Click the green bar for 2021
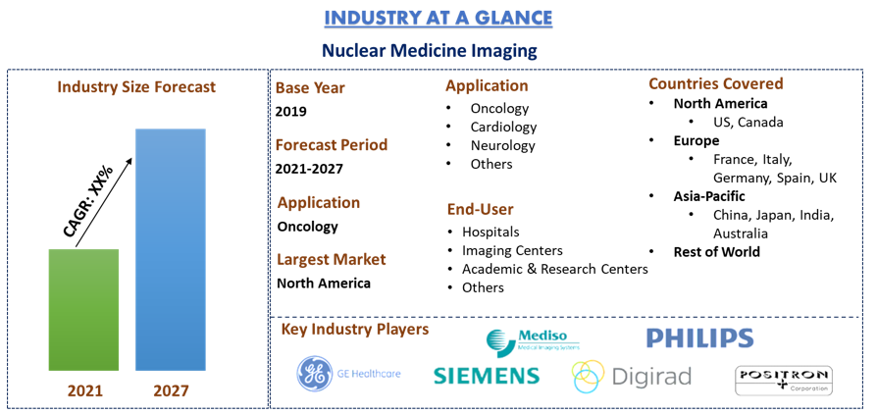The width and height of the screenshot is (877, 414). pyautogui.click(x=84, y=309)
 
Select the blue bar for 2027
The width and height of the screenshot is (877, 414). pyautogui.click(x=171, y=249)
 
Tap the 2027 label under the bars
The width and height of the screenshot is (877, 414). pyautogui.click(x=170, y=389)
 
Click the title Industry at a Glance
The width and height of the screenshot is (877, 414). pyautogui.click(x=438, y=18)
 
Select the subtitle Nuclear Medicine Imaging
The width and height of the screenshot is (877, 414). pyautogui.click(x=430, y=51)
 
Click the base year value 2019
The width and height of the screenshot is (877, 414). pyautogui.click(x=290, y=111)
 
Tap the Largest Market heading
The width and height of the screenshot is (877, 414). pyautogui.click(x=332, y=260)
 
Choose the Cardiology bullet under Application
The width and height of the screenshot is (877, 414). pyautogui.click(x=503, y=127)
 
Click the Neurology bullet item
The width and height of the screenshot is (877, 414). pyautogui.click(x=503, y=145)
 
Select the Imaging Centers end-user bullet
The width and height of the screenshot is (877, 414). pyautogui.click(x=512, y=250)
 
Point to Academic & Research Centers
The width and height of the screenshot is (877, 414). pyautogui.click(x=555, y=269)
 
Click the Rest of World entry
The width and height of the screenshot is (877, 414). pyautogui.click(x=716, y=252)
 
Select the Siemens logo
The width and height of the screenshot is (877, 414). pyautogui.click(x=486, y=376)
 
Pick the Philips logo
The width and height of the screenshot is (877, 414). pyautogui.click(x=699, y=337)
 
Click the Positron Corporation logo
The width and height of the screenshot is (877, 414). pyautogui.click(x=784, y=381)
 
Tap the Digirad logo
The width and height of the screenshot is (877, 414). pyautogui.click(x=632, y=377)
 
